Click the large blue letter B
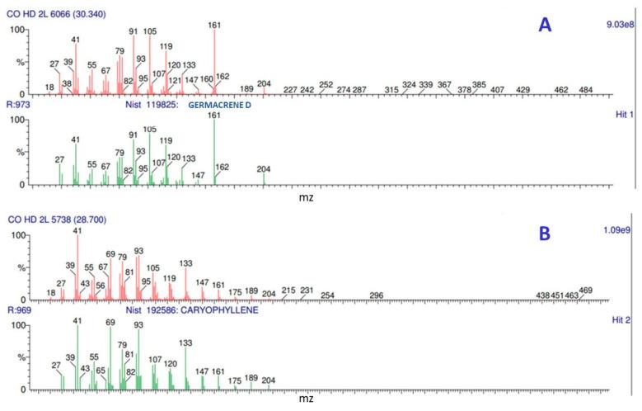click(x=545, y=234)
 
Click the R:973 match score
click(x=19, y=106)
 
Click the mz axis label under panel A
click(x=305, y=197)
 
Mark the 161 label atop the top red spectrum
click(x=214, y=25)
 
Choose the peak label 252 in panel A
click(x=326, y=84)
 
